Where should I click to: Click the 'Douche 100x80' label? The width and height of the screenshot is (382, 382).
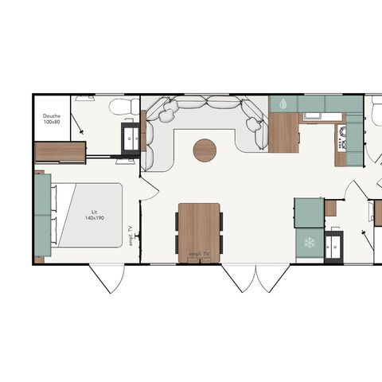coord(52,119)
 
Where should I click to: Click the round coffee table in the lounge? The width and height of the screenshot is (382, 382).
coord(205,150)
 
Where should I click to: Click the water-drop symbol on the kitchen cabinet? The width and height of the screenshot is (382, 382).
coord(282,103)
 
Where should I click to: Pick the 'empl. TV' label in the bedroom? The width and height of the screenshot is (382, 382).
coord(130,236)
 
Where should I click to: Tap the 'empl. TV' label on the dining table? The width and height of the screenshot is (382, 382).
coord(199,254)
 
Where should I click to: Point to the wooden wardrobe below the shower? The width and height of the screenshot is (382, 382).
coord(60,151)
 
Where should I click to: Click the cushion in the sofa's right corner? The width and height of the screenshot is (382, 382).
coord(252,123)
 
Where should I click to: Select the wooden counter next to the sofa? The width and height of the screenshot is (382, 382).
coord(283,132)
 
